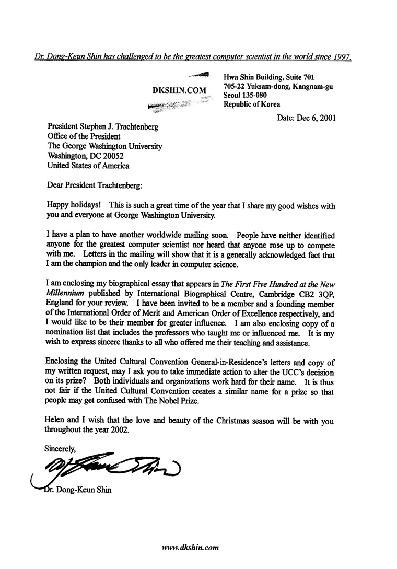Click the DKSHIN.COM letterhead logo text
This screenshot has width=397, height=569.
click(179, 90)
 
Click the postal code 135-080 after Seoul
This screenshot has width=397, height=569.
click(255, 96)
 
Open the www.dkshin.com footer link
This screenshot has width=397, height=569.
click(190, 548)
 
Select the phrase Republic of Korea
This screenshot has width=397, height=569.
click(252, 104)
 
